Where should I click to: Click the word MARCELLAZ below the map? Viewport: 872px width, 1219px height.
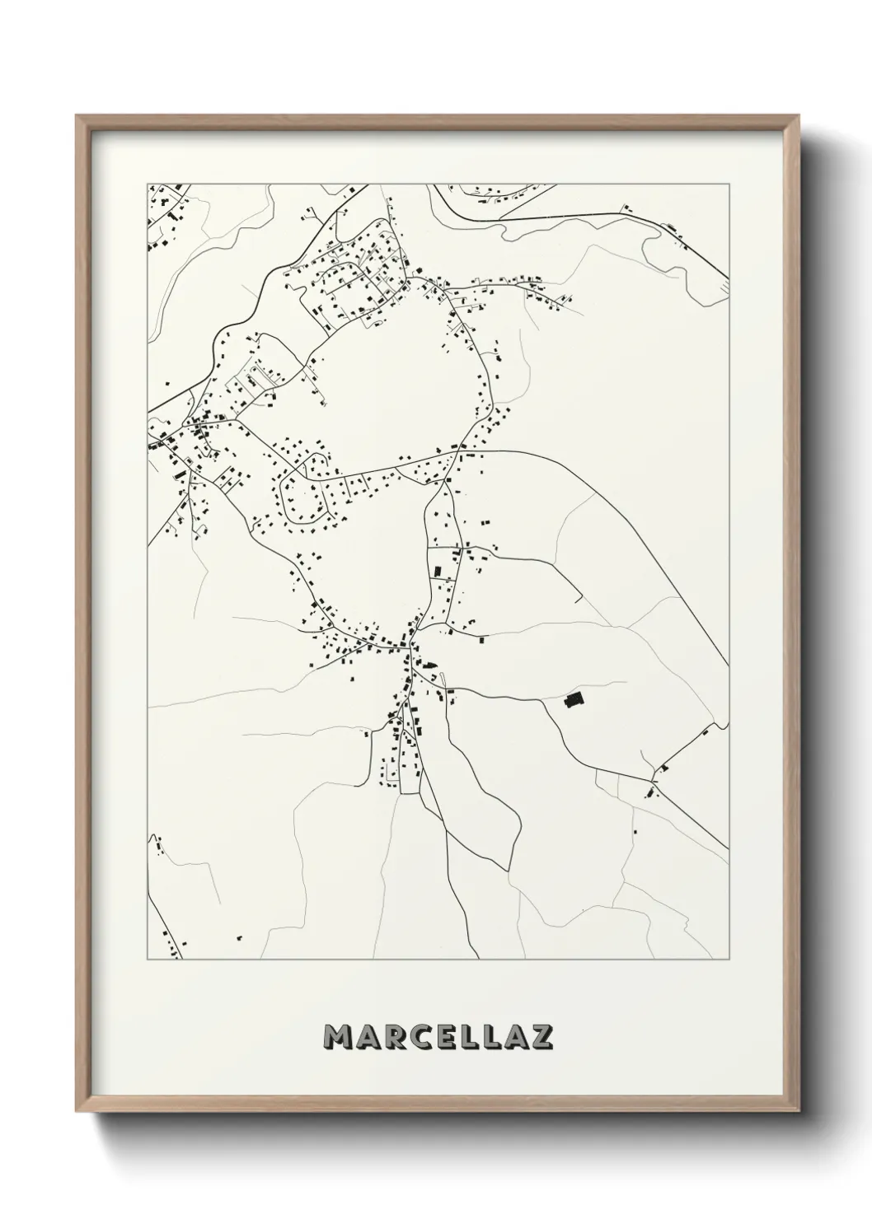tap(438, 1037)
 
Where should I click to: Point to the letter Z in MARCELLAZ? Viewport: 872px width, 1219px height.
tap(540, 1037)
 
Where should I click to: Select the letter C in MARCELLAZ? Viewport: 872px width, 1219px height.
tap(415, 1037)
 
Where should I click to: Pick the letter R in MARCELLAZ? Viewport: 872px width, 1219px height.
tap(391, 1037)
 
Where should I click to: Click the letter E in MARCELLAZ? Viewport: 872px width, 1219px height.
tap(440, 1037)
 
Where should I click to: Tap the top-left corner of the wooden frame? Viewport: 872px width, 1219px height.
tap(77, 116)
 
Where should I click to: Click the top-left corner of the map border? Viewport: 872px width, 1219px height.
tap(148, 183)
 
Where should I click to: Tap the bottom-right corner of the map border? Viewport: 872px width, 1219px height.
tap(729, 960)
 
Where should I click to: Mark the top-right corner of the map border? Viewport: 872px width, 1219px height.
tap(729, 183)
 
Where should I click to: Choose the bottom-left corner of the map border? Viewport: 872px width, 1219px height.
tap(148, 960)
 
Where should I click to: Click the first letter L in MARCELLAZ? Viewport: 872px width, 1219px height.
tap(464, 1037)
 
